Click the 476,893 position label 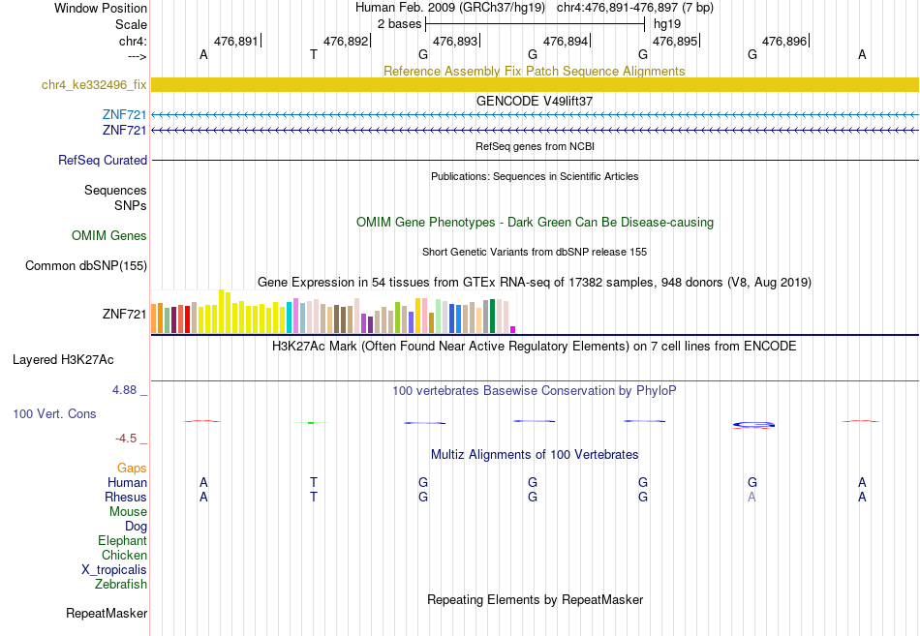point(455,41)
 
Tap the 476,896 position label point(784,41)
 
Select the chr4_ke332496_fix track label point(94,84)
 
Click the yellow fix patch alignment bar point(536,84)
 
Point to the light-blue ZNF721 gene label point(124,114)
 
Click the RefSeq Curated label point(103,160)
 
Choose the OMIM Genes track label point(109,236)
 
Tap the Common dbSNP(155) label point(86,266)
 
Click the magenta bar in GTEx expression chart point(513,330)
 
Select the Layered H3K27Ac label point(63,360)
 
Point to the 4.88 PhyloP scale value point(124,389)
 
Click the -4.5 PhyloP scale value point(126,439)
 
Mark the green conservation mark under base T point(311,422)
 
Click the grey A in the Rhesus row point(751,497)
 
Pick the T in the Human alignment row point(314,482)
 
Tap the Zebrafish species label point(121,585)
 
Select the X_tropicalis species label point(114,570)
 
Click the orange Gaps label point(132,469)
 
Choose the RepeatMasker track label point(107,614)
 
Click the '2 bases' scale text point(399,24)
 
